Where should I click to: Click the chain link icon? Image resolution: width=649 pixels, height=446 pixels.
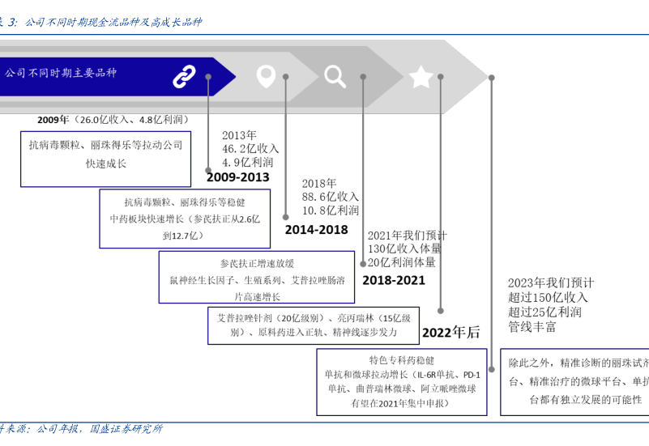pyautogui.click(x=184, y=76)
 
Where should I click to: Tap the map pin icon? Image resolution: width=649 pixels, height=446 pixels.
pyautogui.click(x=266, y=76)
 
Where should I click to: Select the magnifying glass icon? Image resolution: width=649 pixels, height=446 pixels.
pyautogui.click(x=335, y=76)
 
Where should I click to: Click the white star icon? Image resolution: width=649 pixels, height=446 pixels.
pyautogui.click(x=421, y=77)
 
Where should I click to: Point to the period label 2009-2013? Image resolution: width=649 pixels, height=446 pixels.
pyautogui.click(x=237, y=177)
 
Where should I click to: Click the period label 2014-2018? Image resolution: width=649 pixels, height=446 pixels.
pyautogui.click(x=316, y=230)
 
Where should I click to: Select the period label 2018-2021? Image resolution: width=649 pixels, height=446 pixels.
pyautogui.click(x=394, y=280)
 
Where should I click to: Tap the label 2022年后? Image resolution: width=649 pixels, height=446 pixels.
pyautogui.click(x=450, y=332)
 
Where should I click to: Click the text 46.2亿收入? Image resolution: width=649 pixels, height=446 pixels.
pyautogui.click(x=250, y=149)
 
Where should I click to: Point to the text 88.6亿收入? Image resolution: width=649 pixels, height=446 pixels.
pyautogui.click(x=330, y=197)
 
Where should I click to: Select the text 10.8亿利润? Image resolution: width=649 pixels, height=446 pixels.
pyautogui.click(x=330, y=210)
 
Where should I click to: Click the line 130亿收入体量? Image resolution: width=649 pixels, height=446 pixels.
pyautogui.click(x=405, y=249)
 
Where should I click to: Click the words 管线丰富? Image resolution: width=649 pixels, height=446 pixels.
pyautogui.click(x=532, y=327)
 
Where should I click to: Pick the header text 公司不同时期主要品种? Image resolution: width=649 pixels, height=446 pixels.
pyautogui.click(x=61, y=73)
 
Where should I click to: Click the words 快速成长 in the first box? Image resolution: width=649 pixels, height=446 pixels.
pyautogui.click(x=106, y=163)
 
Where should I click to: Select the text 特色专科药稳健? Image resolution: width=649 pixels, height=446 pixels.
pyautogui.click(x=402, y=360)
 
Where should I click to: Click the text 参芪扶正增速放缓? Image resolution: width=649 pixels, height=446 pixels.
pyautogui.click(x=257, y=264)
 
